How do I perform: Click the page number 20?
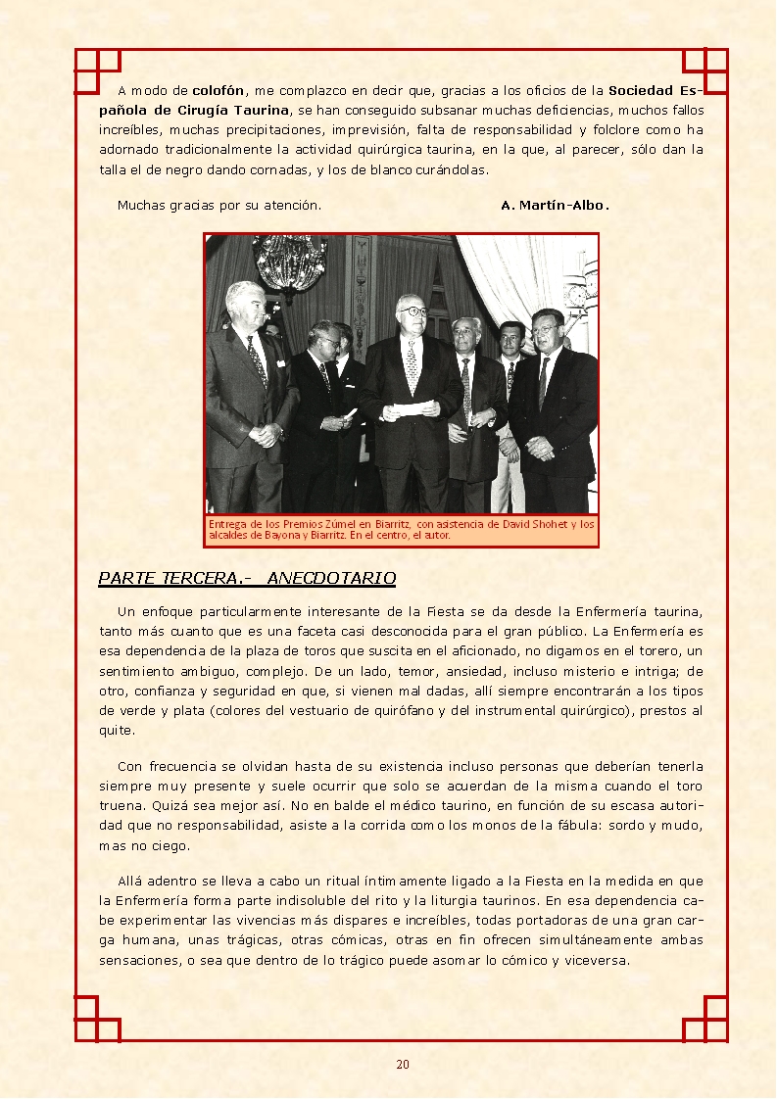pos(403,1065)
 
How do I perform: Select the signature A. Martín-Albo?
pos(555,206)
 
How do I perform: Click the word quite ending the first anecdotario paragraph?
pos(116,731)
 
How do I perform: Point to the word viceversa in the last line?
pos(595,961)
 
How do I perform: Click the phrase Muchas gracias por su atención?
pos(219,206)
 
